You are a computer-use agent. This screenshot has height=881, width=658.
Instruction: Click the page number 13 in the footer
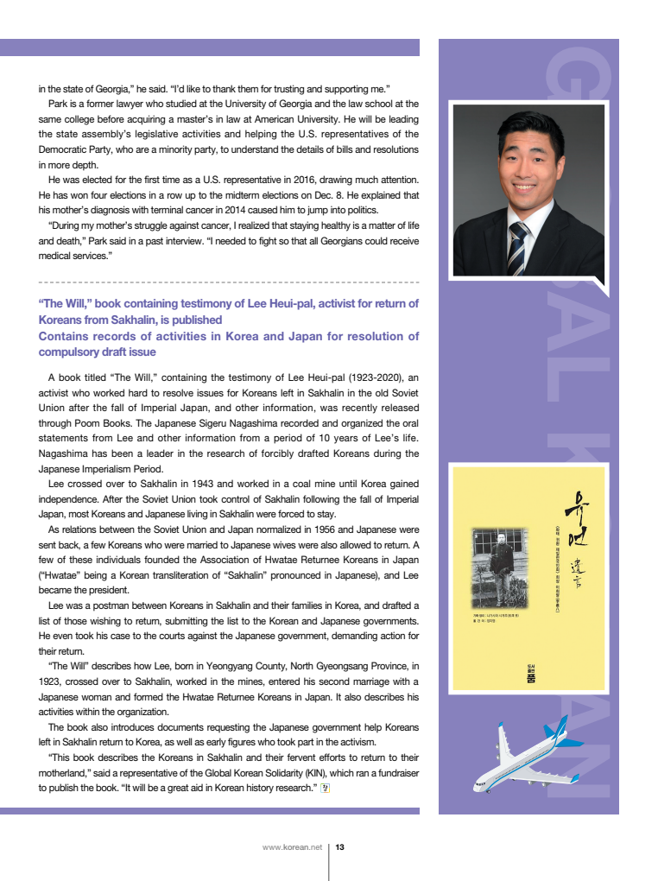[x=339, y=847]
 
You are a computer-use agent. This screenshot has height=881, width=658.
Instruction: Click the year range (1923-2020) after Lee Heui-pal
[x=374, y=377]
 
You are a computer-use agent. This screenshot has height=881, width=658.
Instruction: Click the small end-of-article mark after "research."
[x=325, y=789]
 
